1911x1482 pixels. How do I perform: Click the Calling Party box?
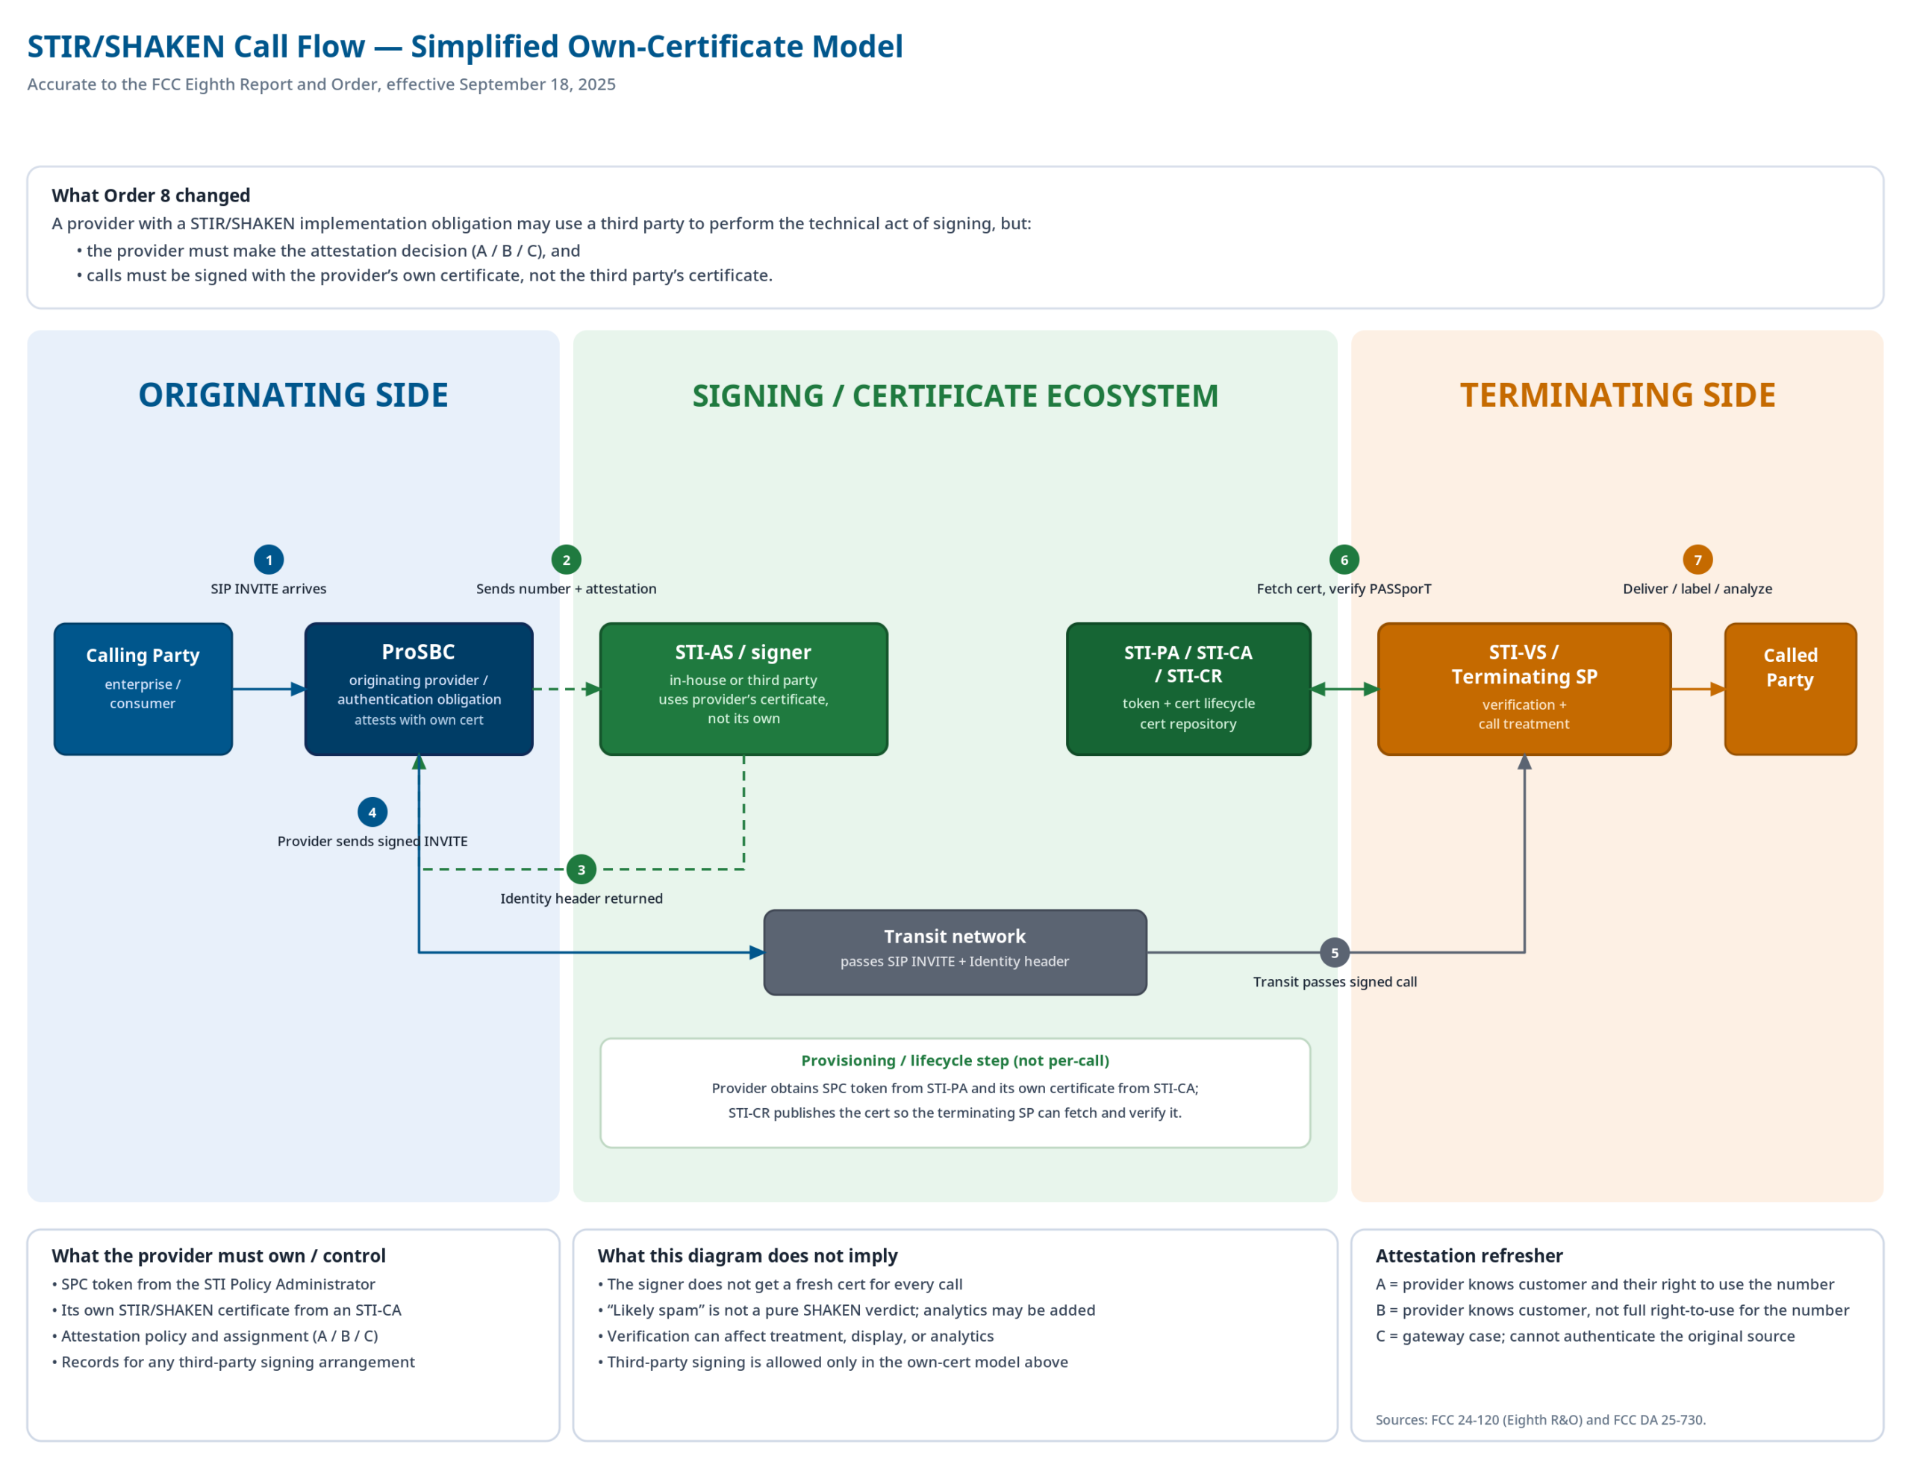tap(143, 689)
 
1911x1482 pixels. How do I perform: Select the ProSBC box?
tap(418, 689)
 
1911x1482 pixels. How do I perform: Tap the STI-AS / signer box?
tap(743, 689)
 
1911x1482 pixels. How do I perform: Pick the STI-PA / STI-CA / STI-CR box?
tap(1188, 689)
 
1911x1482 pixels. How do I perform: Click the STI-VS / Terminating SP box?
tap(1524, 689)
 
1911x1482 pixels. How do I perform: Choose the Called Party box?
tap(1789, 689)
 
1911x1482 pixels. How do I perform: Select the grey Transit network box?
tap(955, 952)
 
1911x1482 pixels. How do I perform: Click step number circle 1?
tap(269, 559)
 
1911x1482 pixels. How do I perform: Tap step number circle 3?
tap(581, 869)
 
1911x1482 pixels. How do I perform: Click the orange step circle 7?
tap(1697, 559)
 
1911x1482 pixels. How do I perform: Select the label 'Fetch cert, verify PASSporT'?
tap(1343, 589)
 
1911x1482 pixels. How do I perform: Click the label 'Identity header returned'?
tap(581, 898)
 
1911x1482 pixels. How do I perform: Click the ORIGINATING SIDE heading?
tap(293, 395)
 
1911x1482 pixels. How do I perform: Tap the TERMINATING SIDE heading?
tap(1617, 395)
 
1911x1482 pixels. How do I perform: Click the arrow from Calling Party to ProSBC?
tap(267, 690)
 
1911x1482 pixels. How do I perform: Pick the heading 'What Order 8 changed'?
tap(151, 195)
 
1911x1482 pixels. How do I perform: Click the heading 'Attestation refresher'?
tap(1468, 1255)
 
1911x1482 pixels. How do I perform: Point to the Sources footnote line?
tap(1540, 1419)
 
